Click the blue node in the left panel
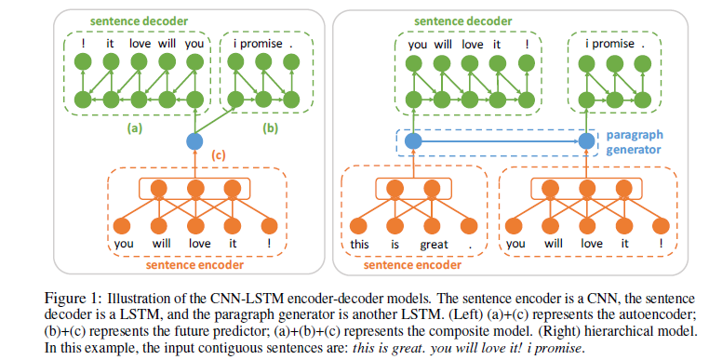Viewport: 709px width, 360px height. (194, 141)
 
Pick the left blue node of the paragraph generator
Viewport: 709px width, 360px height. (413, 141)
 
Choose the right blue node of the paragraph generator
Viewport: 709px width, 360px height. (587, 141)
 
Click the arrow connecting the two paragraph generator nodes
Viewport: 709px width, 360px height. (500, 141)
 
